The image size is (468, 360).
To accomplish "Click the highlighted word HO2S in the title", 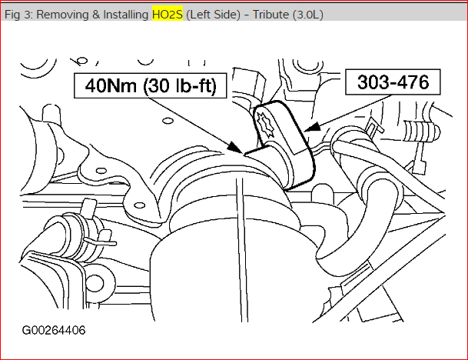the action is click(x=168, y=15).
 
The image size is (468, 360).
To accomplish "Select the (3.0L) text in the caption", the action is click(x=307, y=15).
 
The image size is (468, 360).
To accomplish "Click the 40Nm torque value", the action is click(x=111, y=85).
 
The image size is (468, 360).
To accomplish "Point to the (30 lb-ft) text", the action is click(x=180, y=86).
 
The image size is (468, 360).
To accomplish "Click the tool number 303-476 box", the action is click(x=393, y=82).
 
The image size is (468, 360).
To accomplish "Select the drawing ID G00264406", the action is click(x=54, y=331).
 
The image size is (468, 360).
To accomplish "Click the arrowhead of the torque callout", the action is click(x=236, y=148).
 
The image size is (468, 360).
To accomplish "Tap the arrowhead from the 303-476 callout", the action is click(x=312, y=127).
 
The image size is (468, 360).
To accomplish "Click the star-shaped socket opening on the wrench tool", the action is click(x=265, y=125).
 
